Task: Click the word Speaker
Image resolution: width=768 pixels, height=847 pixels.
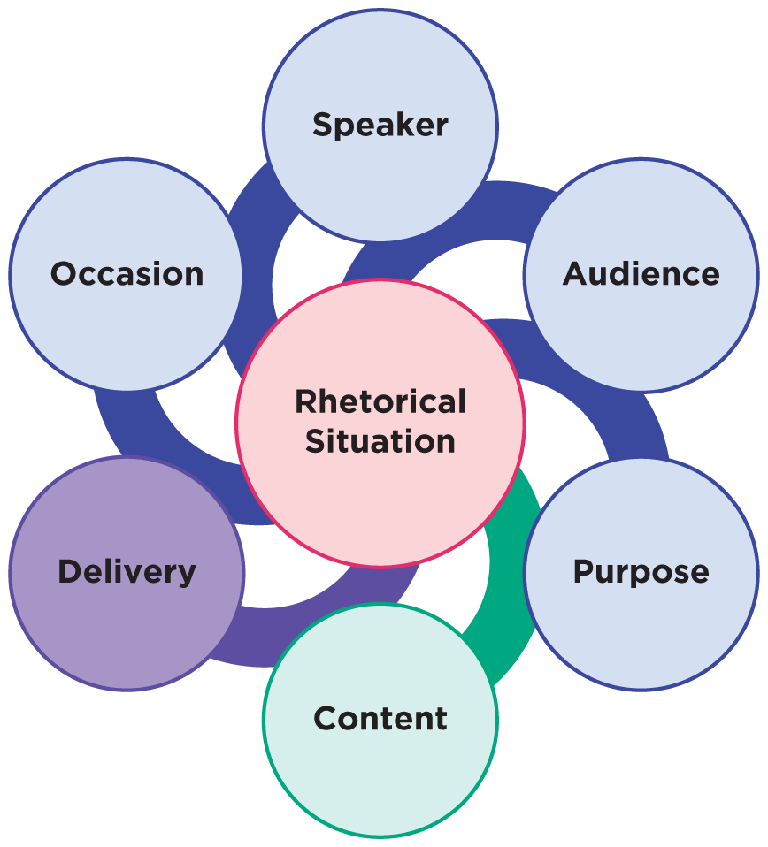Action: click(x=380, y=125)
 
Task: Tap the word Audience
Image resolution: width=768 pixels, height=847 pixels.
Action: click(x=641, y=274)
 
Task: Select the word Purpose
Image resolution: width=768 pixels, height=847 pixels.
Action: click(x=641, y=572)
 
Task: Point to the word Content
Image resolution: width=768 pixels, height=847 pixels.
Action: click(x=380, y=718)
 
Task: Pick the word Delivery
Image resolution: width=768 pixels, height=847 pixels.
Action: click(x=127, y=572)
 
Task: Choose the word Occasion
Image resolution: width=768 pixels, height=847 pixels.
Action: click(x=127, y=274)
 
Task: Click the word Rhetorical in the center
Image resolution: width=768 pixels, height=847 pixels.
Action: click(x=380, y=402)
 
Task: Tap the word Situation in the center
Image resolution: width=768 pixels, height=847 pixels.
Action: click(x=380, y=440)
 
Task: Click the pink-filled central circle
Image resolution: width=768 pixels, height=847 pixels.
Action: click(x=380, y=495)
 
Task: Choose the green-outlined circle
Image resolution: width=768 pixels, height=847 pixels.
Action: click(x=380, y=778)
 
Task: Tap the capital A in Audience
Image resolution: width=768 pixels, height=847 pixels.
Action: click(x=575, y=274)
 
